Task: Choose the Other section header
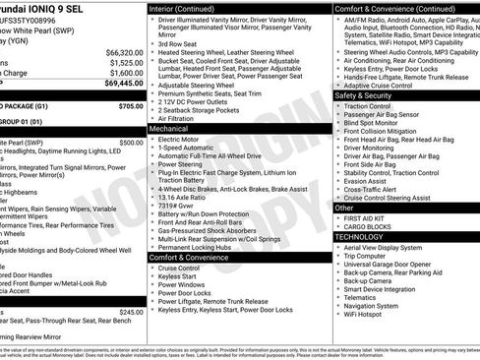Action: point(344,209)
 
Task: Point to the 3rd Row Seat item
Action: point(179,44)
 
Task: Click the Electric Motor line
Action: point(179,140)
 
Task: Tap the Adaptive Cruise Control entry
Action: point(383,86)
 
